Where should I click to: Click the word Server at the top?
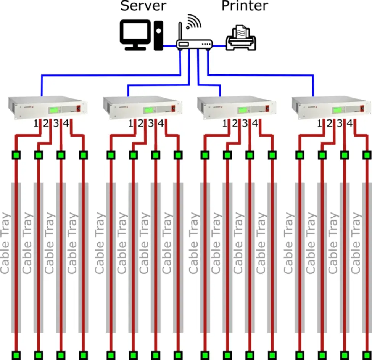coord(143,6)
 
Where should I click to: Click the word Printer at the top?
coord(245,6)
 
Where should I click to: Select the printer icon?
coord(241,38)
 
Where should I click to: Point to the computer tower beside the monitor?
coord(159,36)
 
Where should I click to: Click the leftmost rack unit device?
coord(48,108)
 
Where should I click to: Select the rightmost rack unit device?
coord(331,108)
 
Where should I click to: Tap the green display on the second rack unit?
coord(150,110)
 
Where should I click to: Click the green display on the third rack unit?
coord(244,110)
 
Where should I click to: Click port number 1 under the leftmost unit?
coord(36,124)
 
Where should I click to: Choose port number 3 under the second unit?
coord(151,124)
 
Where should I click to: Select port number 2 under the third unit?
coord(235,124)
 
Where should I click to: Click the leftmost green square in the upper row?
coord(16,155)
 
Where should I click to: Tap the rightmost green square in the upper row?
coord(367,155)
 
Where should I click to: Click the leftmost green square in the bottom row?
coord(16,355)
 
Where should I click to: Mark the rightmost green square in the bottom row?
coord(367,355)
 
